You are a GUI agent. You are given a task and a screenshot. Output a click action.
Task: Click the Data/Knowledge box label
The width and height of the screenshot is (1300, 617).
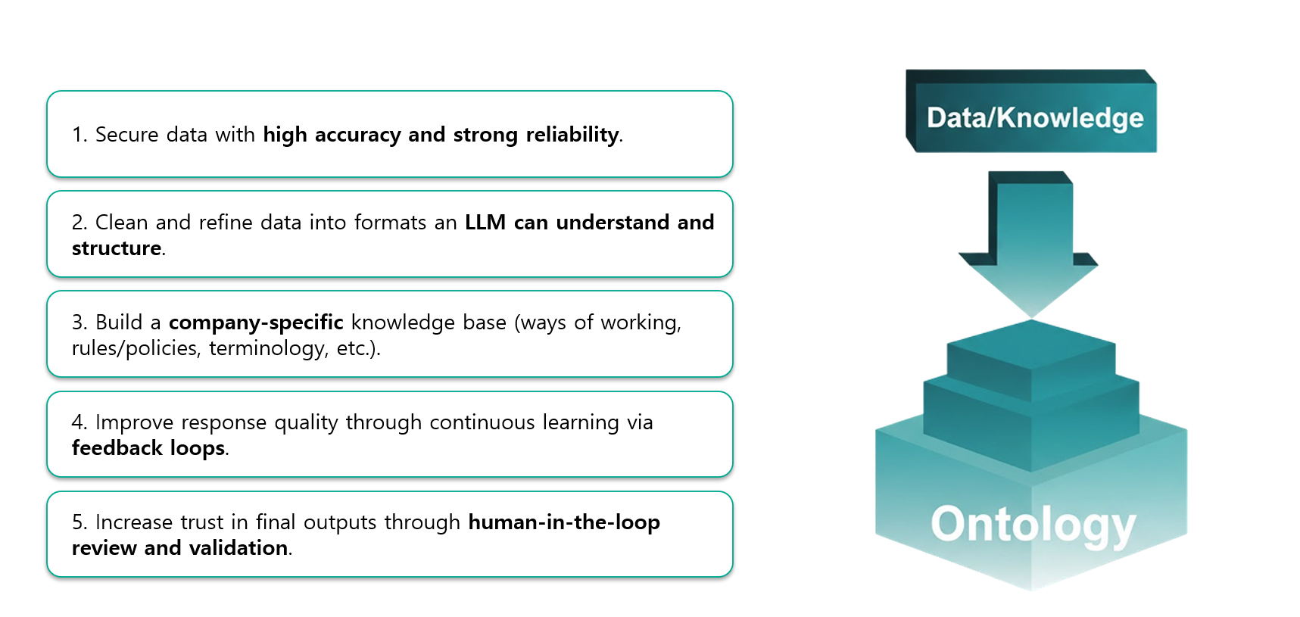tap(1034, 118)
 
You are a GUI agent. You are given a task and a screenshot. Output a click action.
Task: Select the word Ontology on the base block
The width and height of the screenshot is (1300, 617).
tap(1033, 524)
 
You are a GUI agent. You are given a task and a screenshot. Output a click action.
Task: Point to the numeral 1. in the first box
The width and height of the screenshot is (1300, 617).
tap(79, 135)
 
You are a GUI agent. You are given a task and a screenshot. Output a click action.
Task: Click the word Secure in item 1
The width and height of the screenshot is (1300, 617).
tap(126, 135)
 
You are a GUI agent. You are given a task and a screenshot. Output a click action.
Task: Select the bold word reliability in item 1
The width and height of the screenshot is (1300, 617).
tap(572, 135)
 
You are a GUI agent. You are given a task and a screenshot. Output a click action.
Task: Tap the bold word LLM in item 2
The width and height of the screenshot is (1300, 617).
tap(485, 223)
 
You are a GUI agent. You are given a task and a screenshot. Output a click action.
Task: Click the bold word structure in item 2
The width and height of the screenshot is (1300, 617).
tap(117, 248)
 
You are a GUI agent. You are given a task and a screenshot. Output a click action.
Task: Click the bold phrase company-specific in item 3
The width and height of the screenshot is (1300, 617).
tap(256, 323)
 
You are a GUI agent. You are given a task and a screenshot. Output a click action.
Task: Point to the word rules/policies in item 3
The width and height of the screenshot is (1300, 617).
tap(136, 348)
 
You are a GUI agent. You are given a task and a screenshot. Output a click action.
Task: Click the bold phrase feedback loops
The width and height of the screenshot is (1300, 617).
tap(148, 448)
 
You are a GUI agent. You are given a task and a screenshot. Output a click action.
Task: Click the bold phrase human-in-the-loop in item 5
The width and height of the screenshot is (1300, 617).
tap(563, 522)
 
